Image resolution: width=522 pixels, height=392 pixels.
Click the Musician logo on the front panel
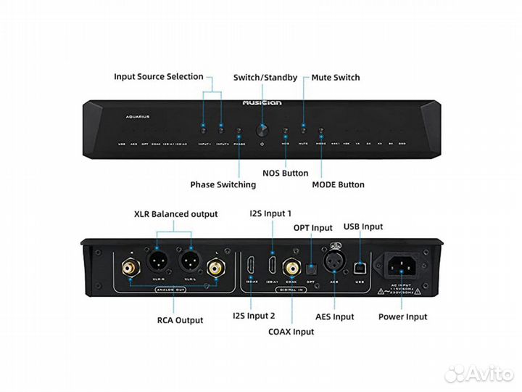pos(261,104)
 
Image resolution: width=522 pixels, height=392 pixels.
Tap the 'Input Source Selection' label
pos(159,77)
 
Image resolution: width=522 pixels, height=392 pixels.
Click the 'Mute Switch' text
pos(335,78)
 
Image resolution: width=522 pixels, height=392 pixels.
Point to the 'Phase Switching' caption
pos(223,184)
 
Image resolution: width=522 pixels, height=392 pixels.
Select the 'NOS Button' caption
pos(285,173)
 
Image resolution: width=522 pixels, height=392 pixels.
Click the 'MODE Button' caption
pos(338,184)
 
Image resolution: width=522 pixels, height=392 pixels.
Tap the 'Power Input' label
pos(402,317)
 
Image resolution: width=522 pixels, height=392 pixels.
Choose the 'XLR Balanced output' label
pos(175,214)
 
